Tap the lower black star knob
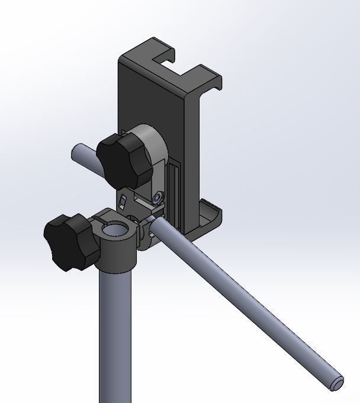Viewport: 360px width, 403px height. click(70, 242)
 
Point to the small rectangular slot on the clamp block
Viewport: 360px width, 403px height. click(123, 201)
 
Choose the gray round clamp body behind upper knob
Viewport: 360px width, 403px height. click(153, 148)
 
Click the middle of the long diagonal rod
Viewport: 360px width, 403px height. click(249, 302)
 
